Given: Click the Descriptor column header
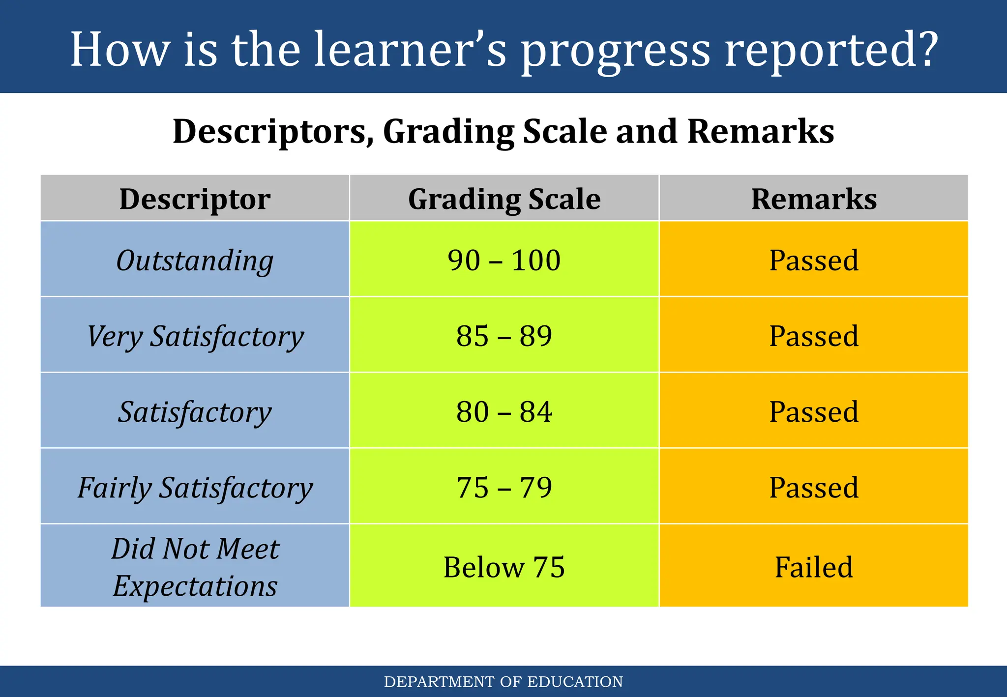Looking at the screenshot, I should (x=195, y=199).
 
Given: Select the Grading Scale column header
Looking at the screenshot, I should (x=504, y=199).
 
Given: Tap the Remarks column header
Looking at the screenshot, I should (x=814, y=199).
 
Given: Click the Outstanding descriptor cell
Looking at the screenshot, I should (x=195, y=261).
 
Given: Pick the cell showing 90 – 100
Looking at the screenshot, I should (x=504, y=261).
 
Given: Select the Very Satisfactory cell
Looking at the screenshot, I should (x=195, y=336).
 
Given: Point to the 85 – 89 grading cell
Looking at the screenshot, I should (x=504, y=336).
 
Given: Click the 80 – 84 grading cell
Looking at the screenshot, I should (x=504, y=412).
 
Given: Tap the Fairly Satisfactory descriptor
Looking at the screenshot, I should (x=195, y=488).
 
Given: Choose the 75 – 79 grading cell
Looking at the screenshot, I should (x=504, y=488).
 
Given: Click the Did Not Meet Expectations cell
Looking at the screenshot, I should (x=195, y=567).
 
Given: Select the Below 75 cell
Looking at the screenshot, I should (x=504, y=567).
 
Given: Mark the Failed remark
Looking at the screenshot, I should (x=814, y=567).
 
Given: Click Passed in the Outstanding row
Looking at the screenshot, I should (x=814, y=261).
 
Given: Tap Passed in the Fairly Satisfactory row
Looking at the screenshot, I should (x=814, y=488).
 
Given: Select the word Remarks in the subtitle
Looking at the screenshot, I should (x=760, y=131).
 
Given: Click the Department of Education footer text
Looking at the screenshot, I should (x=503, y=682).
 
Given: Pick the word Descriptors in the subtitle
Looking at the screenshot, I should (x=273, y=131).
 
